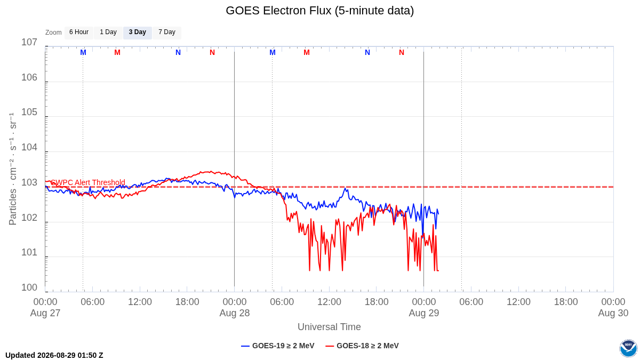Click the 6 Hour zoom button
[x=79, y=33]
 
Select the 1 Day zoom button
[x=108, y=33]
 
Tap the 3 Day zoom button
[x=138, y=33]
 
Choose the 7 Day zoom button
[x=167, y=33]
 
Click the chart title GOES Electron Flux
[x=319, y=11]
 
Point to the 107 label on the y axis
[x=29, y=42]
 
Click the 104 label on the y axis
[x=29, y=147]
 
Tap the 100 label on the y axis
[x=29, y=287]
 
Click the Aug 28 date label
[x=235, y=313]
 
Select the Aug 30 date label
[x=613, y=313]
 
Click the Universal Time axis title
[x=329, y=327]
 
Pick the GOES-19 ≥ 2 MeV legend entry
[x=278, y=346]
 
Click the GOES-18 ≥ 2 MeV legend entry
[x=362, y=346]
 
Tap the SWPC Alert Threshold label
[x=88, y=182]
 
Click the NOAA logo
[x=628, y=348]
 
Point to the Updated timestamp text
[x=54, y=355]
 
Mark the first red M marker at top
[x=117, y=53]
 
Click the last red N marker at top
[x=402, y=53]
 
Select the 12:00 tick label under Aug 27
[x=140, y=302]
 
